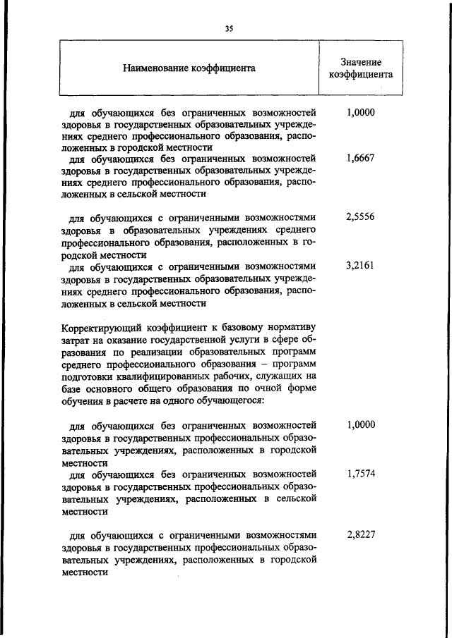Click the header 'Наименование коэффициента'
coord(189,68)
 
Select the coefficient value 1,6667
coord(360,159)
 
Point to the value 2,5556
coord(360,218)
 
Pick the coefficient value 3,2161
coord(360,266)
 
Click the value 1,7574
coord(360,474)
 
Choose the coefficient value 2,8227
coord(360,534)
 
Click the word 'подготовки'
coord(85,376)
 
